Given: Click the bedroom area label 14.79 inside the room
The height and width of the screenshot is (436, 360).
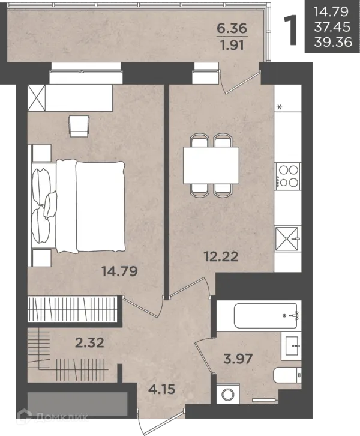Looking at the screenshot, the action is click(119, 271).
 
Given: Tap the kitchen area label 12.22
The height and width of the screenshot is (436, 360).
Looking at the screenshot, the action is click(221, 256).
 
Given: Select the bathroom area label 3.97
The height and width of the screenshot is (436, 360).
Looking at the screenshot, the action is click(238, 359).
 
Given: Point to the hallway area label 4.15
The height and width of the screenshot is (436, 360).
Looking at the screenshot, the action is click(161, 389).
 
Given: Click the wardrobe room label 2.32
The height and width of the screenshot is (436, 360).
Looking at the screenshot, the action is click(89, 342).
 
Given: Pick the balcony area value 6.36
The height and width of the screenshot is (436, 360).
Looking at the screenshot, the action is click(232, 28).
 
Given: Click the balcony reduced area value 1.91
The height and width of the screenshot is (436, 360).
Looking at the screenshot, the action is click(232, 45).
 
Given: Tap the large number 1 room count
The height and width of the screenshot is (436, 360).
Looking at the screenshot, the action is click(291, 30).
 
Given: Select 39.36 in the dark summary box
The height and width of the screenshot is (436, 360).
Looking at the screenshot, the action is click(333, 42).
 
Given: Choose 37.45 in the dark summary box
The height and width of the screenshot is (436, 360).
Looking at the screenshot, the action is click(332, 27).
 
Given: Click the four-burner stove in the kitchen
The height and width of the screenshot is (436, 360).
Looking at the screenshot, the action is click(288, 177).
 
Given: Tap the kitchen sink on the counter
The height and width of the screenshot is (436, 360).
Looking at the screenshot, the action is click(288, 239).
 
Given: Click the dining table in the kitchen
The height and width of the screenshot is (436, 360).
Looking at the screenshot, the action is click(211, 165).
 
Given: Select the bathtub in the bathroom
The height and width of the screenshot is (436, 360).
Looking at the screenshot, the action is click(266, 316).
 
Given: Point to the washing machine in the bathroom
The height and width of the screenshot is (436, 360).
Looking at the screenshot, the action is click(229, 393).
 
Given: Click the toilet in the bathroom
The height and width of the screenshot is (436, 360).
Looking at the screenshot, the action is click(287, 375).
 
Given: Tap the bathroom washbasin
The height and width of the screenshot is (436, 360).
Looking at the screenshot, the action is click(292, 346).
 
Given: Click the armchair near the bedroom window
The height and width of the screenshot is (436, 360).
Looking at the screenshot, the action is click(79, 126).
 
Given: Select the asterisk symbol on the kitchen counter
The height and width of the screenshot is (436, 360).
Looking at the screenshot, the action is click(280, 107).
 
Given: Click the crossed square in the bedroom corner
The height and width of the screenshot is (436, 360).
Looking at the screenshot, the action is click(37, 98).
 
